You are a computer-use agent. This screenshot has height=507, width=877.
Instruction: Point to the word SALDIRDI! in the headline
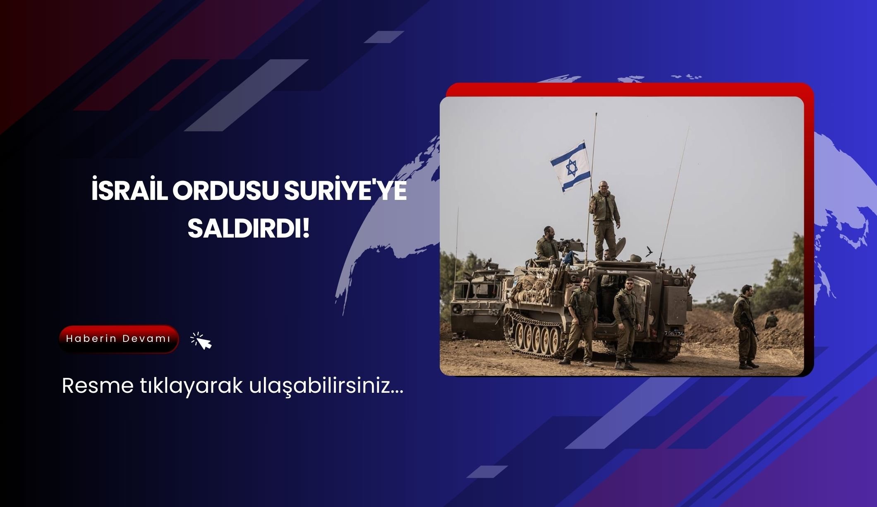249,229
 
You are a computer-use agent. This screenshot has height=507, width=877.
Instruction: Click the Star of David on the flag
571,168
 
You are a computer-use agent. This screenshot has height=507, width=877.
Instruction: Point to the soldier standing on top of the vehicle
605,219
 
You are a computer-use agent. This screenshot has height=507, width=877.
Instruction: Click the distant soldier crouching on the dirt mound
770,320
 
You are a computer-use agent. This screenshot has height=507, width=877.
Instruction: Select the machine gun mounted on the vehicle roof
569,245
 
